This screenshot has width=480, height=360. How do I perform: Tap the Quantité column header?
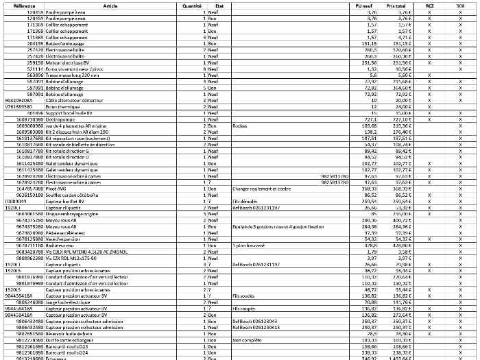pyautogui.click(x=192, y=5)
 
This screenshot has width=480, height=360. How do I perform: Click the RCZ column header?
pyautogui.click(x=429, y=5)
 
